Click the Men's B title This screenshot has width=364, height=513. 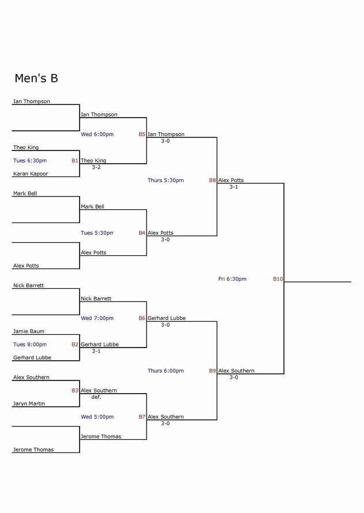(36, 78)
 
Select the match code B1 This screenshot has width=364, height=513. (75, 161)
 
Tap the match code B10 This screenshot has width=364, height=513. (278, 279)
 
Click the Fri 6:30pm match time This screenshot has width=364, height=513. (232, 279)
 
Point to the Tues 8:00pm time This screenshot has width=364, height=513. (30, 345)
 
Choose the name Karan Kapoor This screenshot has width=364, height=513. (31, 173)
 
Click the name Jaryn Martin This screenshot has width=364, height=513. (29, 403)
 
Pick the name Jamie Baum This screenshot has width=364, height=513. (29, 331)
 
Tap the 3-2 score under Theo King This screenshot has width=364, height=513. (96, 167)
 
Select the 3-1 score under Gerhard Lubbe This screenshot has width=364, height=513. (96, 351)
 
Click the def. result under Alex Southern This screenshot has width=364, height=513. (96, 397)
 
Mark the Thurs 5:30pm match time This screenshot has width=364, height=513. (166, 180)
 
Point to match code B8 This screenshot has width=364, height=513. (213, 180)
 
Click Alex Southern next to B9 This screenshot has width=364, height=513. (237, 371)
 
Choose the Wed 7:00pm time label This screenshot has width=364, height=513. (97, 318)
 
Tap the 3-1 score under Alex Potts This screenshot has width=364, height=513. (234, 187)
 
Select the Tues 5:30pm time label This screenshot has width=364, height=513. (97, 233)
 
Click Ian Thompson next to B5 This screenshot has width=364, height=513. (166, 134)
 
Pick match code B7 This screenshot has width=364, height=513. (142, 417)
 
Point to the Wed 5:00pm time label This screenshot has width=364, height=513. (97, 417)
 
